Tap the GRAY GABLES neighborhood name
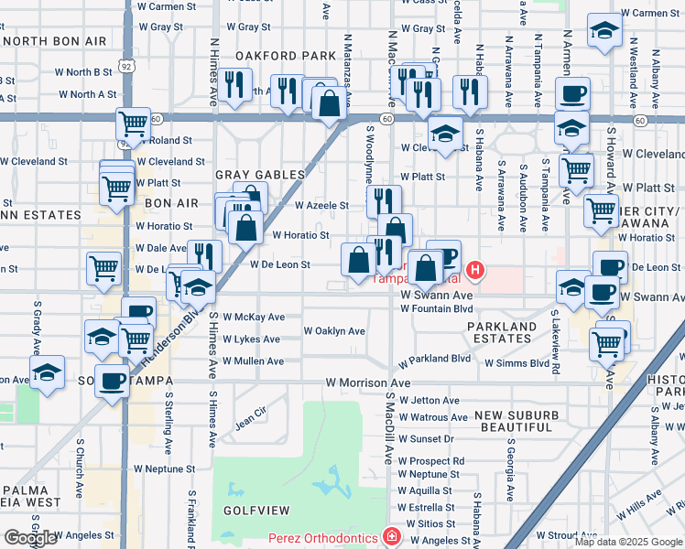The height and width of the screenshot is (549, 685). pos(260,175)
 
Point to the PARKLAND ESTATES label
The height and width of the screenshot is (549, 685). pos(502,332)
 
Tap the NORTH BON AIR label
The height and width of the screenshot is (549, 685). pos(57,42)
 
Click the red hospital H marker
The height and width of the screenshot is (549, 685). pos(475,270)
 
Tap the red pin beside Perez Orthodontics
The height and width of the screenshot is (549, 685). pos(392,535)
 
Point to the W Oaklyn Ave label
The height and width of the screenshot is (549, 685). pos(334,331)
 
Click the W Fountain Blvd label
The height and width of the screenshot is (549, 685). pos(436,308)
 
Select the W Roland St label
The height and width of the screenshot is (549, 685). pos(164,141)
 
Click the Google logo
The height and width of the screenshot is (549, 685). pos(30,538)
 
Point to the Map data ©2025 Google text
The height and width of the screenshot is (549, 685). pos(628,542)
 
